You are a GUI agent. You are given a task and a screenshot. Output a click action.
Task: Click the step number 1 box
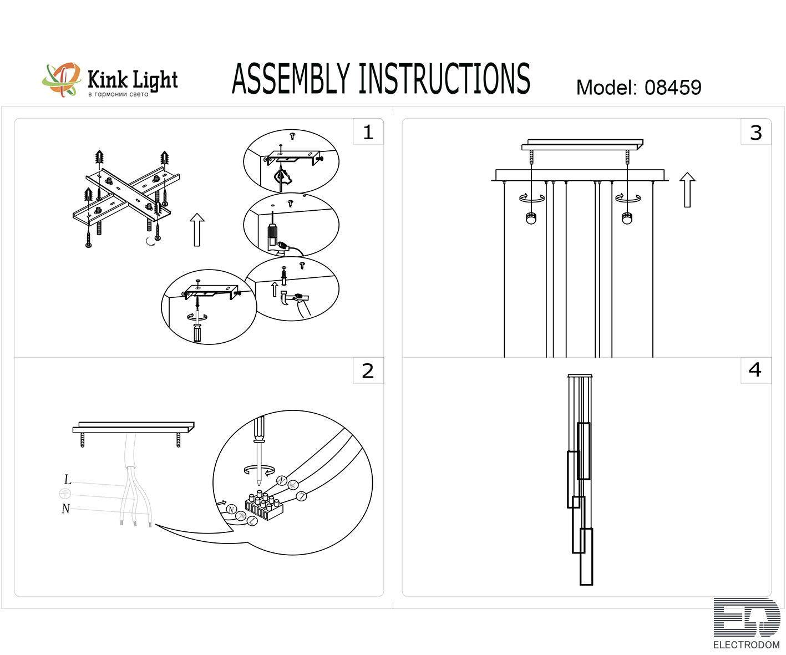pyautogui.click(x=368, y=132)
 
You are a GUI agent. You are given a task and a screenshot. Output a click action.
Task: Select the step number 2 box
pyautogui.click(x=368, y=370)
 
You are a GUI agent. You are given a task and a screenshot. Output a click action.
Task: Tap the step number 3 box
pyautogui.click(x=755, y=133)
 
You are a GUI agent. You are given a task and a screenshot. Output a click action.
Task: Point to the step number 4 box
pyautogui.click(x=755, y=370)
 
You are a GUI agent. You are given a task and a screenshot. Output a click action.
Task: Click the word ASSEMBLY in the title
pyautogui.click(x=291, y=79)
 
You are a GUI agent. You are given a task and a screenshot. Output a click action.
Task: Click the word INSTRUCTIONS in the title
pyautogui.click(x=444, y=79)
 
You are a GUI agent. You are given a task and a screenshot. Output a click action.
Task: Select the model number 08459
pyautogui.click(x=672, y=88)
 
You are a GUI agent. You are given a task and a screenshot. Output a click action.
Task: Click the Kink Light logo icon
pyautogui.click(x=61, y=80)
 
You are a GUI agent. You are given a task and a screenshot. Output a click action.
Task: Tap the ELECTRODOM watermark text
pyautogui.click(x=746, y=645)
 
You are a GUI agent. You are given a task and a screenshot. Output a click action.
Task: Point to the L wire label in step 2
pyautogui.click(x=68, y=480)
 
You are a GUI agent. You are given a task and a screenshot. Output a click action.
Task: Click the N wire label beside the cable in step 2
pyautogui.click(x=66, y=509)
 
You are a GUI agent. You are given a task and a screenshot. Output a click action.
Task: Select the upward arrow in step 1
pyautogui.click(x=197, y=229)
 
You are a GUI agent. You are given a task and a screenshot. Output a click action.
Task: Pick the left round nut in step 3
pyautogui.click(x=531, y=218)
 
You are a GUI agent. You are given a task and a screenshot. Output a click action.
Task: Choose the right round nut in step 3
pyautogui.click(x=627, y=218)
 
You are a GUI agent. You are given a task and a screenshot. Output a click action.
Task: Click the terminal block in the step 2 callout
pyautogui.click(x=264, y=506)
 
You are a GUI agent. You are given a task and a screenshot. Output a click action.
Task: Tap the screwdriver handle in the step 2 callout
pyautogui.click(x=258, y=429)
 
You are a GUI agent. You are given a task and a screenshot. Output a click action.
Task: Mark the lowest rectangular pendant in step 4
pyautogui.click(x=586, y=557)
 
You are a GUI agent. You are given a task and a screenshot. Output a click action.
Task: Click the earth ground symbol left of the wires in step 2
pyautogui.click(x=65, y=493)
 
